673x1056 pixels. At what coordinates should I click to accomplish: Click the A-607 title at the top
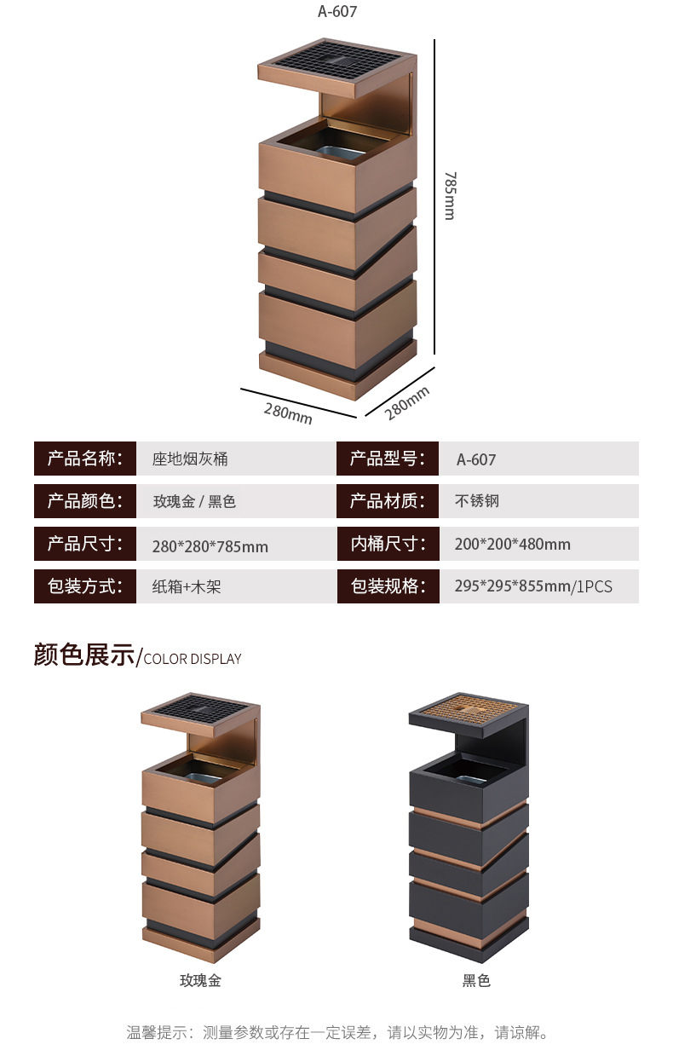(336, 12)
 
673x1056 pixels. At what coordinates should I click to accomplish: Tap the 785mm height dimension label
(450, 195)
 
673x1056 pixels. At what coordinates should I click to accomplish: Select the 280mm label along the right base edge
(407, 402)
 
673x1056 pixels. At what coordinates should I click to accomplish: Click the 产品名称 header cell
(85, 459)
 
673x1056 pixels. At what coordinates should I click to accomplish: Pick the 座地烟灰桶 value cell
(190, 459)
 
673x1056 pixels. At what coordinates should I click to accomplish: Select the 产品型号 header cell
(388, 459)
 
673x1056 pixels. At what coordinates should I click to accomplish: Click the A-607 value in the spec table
(476, 459)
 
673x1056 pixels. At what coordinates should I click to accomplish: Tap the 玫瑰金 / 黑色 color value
(194, 501)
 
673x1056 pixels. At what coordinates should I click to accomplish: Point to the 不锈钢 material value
(477, 501)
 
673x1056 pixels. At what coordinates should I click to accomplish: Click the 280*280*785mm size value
(210, 545)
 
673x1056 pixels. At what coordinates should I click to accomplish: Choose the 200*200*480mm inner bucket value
(513, 544)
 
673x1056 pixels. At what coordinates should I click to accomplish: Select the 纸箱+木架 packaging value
(187, 586)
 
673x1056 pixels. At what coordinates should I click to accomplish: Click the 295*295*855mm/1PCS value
(533, 586)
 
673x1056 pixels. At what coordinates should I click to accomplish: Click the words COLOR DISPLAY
(193, 659)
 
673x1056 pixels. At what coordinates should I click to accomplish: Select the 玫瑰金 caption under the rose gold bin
(200, 980)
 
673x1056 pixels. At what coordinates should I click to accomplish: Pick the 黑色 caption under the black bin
(476, 980)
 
